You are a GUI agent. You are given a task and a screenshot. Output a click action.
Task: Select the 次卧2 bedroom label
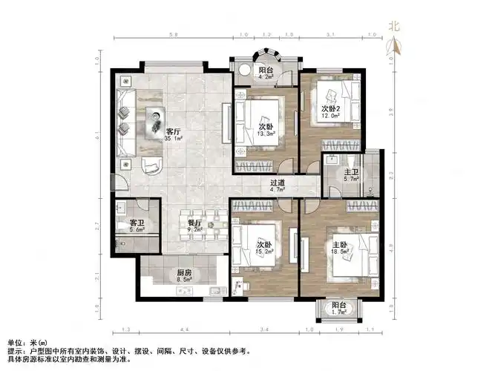click(x=330, y=109)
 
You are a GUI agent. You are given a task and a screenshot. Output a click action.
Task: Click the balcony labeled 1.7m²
click(x=338, y=312)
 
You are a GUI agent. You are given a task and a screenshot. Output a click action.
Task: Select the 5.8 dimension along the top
click(x=172, y=34)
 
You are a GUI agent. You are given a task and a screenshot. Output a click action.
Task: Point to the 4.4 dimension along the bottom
click(x=183, y=329)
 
